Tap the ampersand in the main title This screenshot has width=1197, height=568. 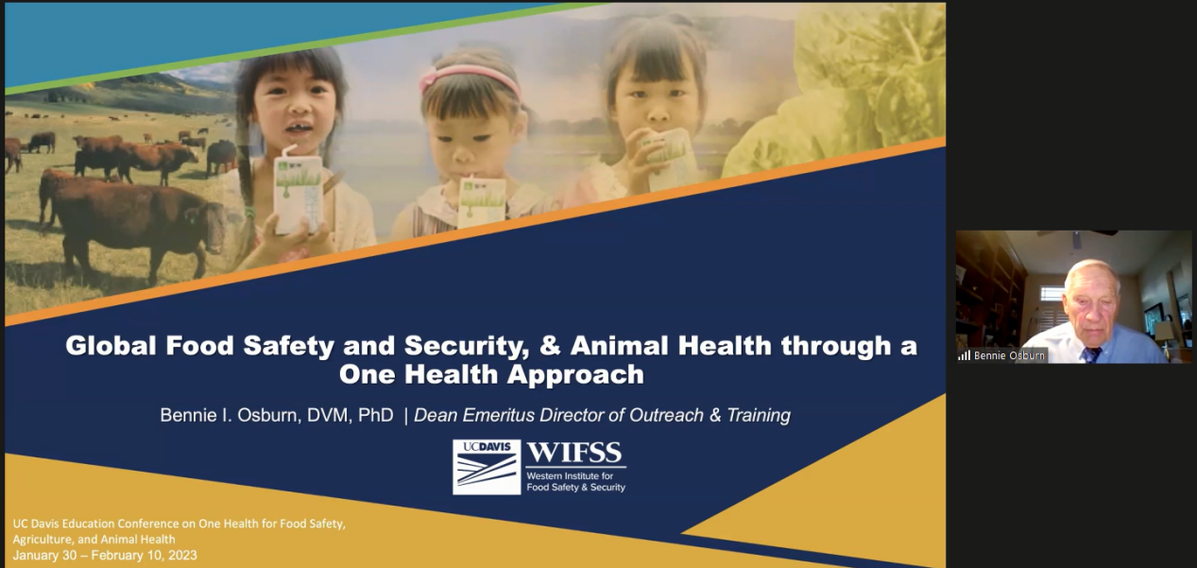549,346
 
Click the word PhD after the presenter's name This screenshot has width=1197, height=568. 376,415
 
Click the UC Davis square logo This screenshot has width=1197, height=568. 487,467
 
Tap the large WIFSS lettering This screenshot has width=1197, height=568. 574,453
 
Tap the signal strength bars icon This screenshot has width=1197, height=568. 964,355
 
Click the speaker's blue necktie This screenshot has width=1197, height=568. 1090,354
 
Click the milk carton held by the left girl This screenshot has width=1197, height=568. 298,194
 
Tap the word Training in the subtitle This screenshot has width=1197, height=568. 759,416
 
